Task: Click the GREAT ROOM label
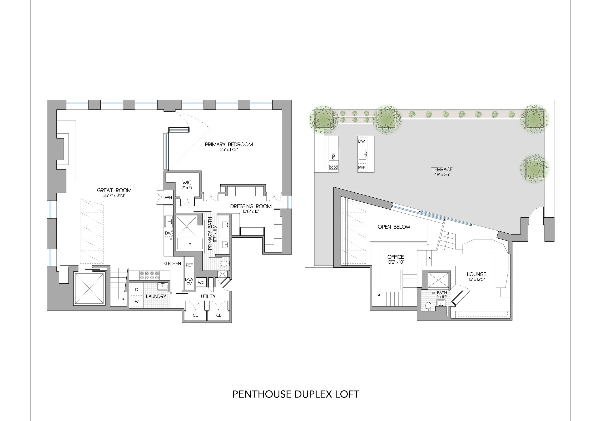pos(114,190)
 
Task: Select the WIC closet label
pos(187,182)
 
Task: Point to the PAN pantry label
pos(168,197)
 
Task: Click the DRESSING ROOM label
pos(251,206)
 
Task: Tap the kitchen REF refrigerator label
pos(189,265)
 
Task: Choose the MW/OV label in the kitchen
pos(189,282)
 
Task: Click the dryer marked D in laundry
pos(137,290)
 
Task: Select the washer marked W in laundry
pos(137,301)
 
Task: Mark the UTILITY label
pos(208,296)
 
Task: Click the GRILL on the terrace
pos(334,154)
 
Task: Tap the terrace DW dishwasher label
pos(362,141)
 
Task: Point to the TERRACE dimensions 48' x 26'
pos(442,175)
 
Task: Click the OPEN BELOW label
pos(394,227)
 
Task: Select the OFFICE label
pos(396,257)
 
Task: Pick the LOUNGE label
pos(476,274)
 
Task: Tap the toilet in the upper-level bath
pos(428,306)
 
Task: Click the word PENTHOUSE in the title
pos(262,394)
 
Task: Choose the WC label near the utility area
pos(201,283)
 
